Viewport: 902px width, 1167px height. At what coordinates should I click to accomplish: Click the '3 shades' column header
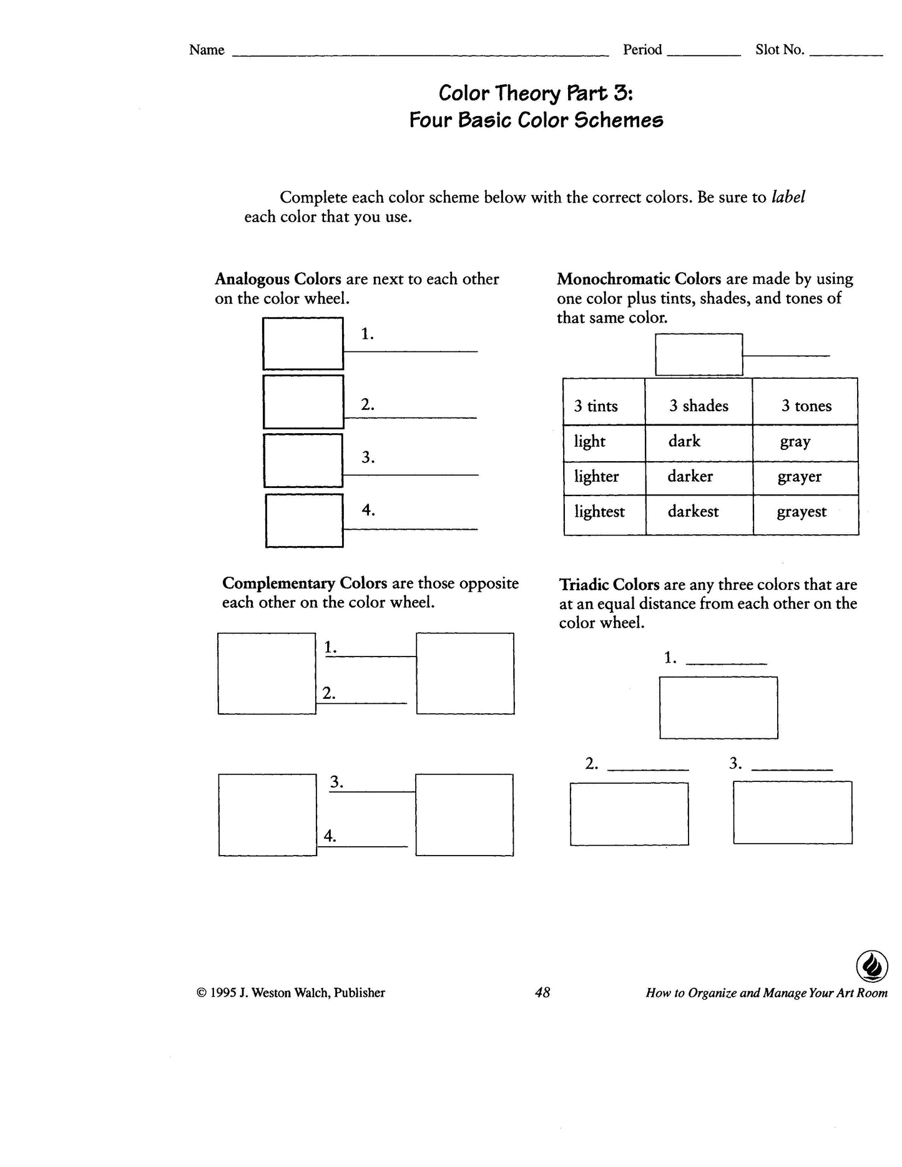point(699,406)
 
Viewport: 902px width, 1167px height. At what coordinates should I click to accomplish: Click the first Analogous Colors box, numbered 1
point(303,343)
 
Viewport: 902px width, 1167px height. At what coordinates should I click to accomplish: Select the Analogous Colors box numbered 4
point(304,520)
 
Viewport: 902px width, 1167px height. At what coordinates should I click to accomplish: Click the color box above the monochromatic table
point(699,354)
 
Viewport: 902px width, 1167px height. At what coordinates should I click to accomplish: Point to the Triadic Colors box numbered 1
point(718,708)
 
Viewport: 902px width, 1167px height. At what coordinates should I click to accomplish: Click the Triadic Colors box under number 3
point(792,813)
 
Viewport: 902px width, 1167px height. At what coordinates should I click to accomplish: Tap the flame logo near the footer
point(871,968)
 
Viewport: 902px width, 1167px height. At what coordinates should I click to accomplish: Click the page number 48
point(542,992)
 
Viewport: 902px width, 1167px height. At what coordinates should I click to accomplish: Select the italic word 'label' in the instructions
point(788,197)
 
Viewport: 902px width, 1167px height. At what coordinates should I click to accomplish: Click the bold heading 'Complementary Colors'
point(305,583)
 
